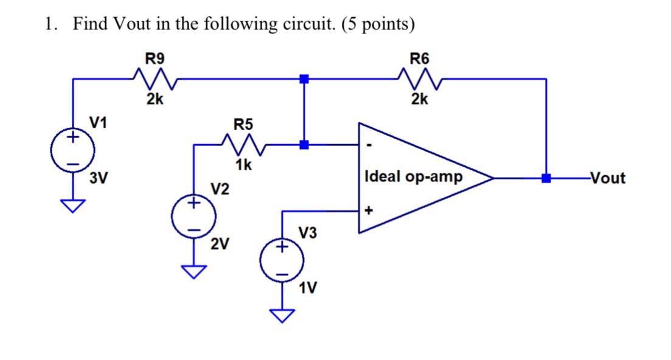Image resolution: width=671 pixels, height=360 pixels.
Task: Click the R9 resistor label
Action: (x=155, y=59)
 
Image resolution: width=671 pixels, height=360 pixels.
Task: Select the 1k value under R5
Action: (x=243, y=164)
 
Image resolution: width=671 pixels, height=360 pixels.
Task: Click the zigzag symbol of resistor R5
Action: (x=243, y=145)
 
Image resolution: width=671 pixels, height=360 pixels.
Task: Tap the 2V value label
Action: (x=220, y=244)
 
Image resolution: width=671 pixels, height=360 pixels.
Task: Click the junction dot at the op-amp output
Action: (x=546, y=178)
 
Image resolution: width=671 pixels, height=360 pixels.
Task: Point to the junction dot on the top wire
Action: (x=304, y=78)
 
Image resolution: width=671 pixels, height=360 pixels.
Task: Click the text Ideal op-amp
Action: (x=413, y=177)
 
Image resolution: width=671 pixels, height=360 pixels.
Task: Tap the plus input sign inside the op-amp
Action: (x=368, y=211)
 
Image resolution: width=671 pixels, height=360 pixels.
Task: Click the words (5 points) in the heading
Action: (x=378, y=24)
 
